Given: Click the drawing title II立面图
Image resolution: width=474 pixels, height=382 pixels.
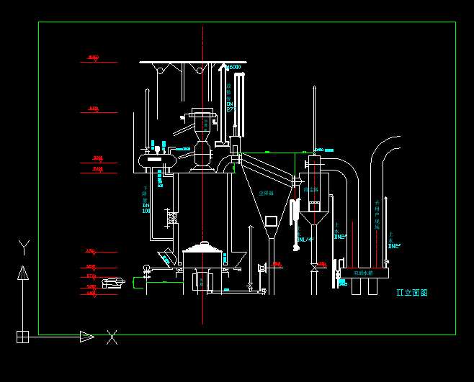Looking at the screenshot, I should (x=412, y=293).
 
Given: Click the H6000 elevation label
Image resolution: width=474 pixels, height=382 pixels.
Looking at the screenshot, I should (x=233, y=68).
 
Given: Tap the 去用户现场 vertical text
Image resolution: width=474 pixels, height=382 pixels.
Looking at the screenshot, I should (x=376, y=215).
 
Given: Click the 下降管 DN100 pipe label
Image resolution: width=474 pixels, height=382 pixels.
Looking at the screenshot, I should (x=146, y=199).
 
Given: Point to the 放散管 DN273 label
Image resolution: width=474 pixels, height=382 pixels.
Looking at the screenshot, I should (x=230, y=97).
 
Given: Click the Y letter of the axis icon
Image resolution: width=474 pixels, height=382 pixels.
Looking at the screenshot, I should (x=23, y=248).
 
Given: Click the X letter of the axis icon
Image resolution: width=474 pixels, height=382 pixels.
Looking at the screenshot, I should (x=112, y=337).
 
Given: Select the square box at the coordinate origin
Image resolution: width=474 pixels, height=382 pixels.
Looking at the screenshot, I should (x=23, y=336).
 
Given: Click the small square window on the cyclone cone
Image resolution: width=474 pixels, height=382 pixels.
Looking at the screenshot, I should (x=271, y=220).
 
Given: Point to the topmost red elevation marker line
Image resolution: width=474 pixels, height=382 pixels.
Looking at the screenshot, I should (x=99, y=62).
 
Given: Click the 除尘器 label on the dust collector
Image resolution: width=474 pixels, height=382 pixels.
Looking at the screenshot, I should (x=310, y=189).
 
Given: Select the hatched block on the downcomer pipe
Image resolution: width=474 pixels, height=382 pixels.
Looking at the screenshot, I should (x=171, y=216).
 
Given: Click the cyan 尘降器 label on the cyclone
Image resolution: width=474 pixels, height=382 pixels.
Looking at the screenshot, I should (x=267, y=193).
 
